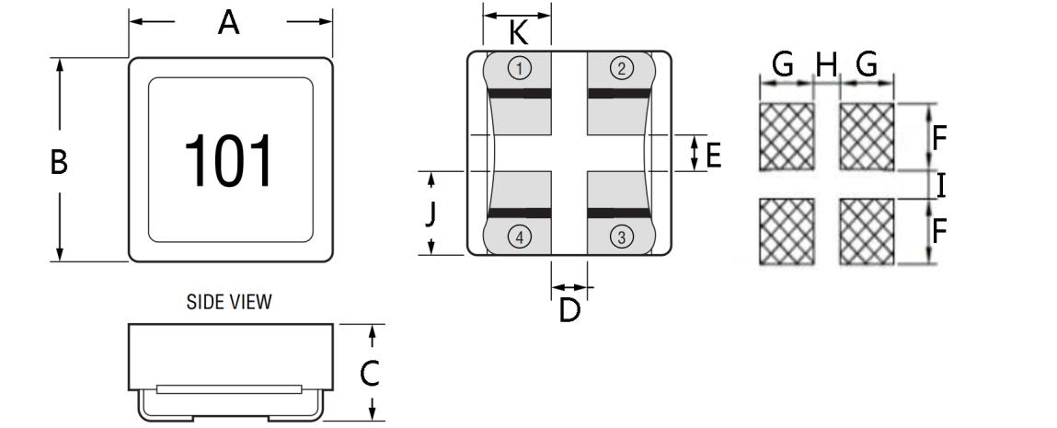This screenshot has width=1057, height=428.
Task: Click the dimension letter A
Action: (229, 24)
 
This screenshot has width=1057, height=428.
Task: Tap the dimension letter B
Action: (59, 163)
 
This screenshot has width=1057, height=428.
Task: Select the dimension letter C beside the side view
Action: (369, 374)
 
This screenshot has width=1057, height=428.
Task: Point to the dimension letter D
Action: (570, 311)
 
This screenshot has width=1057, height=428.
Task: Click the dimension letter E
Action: (713, 154)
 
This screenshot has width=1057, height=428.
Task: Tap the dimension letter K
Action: (519, 34)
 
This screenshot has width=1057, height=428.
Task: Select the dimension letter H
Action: (827, 64)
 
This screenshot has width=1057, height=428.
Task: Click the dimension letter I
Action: (942, 186)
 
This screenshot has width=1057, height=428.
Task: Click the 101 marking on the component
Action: (229, 162)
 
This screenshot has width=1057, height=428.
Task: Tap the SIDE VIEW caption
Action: (229, 302)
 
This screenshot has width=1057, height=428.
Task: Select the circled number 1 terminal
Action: (520, 68)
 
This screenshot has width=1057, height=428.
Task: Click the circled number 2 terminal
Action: (622, 68)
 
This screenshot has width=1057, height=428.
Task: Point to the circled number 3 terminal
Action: (622, 237)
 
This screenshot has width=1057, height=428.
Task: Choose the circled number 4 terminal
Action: (520, 237)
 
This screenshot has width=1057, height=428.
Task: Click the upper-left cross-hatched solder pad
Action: (787, 135)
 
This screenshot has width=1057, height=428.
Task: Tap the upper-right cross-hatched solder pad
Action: (867, 135)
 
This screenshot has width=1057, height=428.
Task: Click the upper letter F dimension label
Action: (939, 138)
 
